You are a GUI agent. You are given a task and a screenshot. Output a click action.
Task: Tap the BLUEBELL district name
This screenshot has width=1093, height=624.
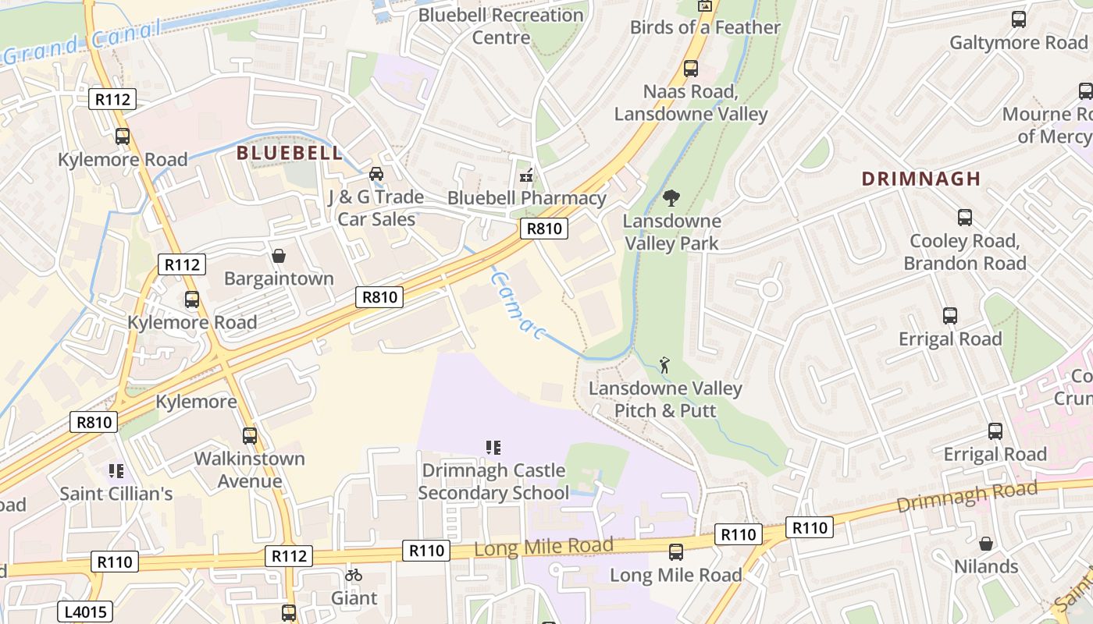290,153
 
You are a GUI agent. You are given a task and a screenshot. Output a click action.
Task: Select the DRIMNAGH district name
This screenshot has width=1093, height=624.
920,179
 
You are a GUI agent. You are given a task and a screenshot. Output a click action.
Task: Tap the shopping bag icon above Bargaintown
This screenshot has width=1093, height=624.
279,256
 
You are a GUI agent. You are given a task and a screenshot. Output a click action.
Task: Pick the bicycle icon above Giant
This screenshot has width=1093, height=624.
354,576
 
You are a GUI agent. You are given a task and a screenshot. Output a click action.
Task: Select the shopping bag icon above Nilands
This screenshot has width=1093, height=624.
986,544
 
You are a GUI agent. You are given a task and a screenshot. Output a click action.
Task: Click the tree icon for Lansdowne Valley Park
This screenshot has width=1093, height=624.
671,198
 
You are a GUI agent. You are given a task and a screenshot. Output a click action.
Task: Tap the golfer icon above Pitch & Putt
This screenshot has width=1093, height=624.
665,364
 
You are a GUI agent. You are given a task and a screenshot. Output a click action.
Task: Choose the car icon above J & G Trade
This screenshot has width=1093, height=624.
376,174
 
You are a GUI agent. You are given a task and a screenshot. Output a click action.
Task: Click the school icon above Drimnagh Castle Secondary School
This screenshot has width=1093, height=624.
493,448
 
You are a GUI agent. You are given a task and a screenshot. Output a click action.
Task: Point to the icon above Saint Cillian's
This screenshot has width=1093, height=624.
116,471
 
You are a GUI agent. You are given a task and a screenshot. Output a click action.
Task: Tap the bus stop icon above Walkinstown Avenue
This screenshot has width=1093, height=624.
250,436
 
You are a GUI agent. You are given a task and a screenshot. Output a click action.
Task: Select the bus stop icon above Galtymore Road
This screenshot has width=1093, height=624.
1019,19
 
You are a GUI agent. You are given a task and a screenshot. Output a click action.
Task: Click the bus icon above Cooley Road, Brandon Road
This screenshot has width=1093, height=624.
965,218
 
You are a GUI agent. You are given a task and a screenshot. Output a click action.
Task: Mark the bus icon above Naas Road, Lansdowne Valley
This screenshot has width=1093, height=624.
691,69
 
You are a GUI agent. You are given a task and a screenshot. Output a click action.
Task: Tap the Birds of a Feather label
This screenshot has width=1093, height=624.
705,27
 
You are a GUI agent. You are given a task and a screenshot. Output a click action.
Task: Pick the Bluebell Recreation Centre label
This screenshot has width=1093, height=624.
501,26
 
